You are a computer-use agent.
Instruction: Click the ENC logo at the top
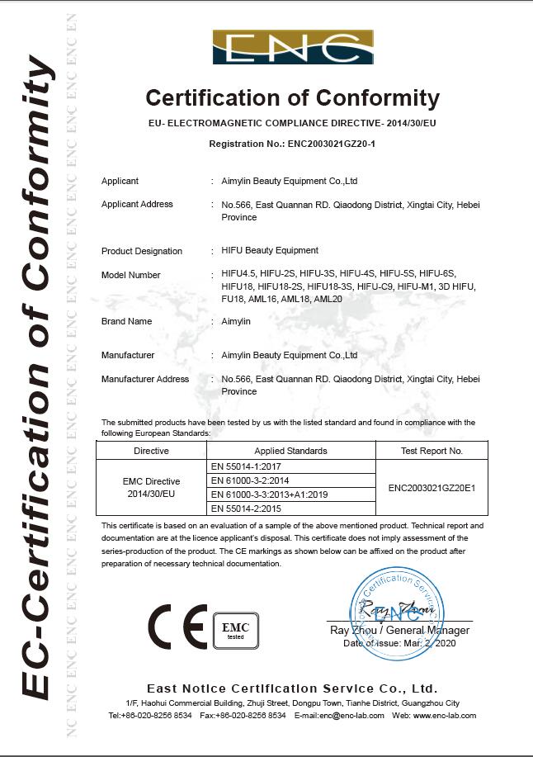coord(293,47)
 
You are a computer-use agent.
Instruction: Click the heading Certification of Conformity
coord(292,98)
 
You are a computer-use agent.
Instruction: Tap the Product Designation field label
coord(141,251)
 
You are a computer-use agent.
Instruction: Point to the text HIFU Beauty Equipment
coord(270,250)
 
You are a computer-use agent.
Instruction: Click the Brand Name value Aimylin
coord(236,321)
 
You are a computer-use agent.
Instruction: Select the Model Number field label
coord(130,275)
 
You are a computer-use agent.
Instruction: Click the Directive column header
coord(151,451)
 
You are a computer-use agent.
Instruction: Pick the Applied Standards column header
coord(290,451)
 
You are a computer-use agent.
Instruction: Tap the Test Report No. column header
coord(432,451)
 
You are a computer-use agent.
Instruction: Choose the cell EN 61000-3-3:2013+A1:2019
coord(270,494)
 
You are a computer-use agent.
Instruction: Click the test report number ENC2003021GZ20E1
coord(432,488)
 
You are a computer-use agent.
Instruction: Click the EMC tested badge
coord(236,630)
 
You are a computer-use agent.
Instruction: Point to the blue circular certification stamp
coord(398,614)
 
